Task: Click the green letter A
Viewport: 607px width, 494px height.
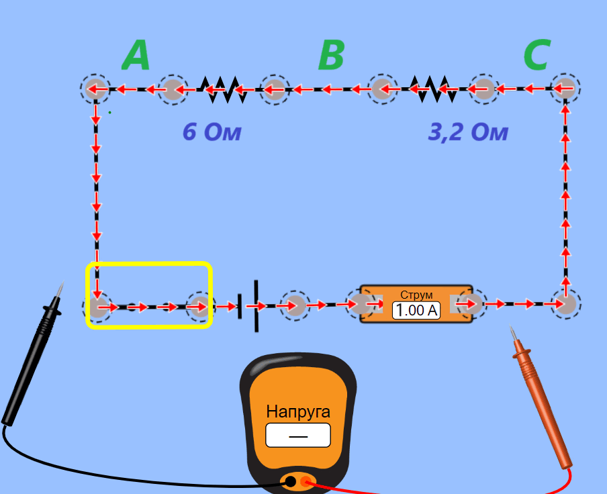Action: point(136,55)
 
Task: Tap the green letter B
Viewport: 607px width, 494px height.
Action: point(332,55)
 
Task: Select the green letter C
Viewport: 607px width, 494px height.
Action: point(537,54)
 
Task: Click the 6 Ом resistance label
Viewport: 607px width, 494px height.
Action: point(212,132)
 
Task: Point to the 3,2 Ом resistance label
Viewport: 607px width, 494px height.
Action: point(468,132)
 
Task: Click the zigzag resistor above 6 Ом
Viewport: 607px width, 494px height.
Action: point(224,89)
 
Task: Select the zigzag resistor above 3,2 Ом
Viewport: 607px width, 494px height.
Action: point(433,89)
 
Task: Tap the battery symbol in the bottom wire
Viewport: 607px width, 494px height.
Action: point(248,306)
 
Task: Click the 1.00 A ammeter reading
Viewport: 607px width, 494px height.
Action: point(416,310)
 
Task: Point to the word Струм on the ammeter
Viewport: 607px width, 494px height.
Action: point(416,295)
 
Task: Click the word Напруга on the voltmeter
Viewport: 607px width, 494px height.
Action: point(298,411)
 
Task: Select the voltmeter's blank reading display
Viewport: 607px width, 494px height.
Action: point(298,435)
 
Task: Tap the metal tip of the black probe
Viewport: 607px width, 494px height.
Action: point(60,289)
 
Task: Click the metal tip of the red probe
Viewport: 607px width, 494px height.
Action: point(513,334)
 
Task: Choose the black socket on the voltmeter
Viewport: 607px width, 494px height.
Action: point(290,482)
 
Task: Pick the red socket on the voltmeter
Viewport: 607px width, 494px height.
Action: point(306,482)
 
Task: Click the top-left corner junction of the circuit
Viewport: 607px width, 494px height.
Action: point(95,89)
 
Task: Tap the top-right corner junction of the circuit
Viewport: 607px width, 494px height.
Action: point(565,88)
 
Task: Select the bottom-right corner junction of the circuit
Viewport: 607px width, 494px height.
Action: point(565,304)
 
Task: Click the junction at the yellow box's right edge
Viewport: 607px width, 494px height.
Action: point(201,306)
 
